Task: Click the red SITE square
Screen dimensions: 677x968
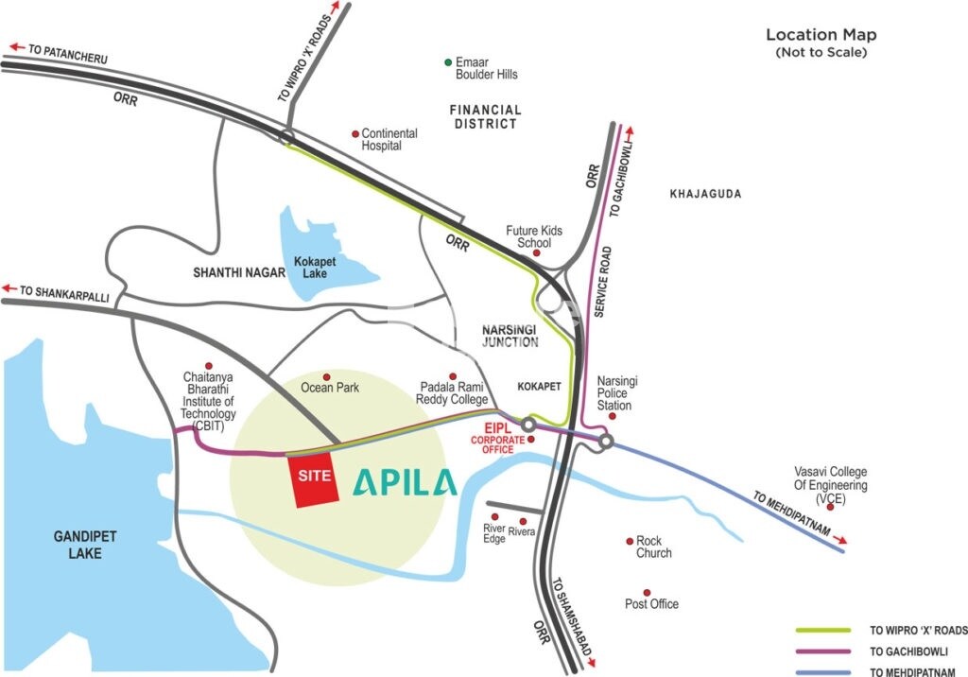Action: pyautogui.click(x=313, y=479)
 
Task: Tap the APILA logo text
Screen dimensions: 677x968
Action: pyautogui.click(x=405, y=481)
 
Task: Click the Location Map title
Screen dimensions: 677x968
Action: pyautogui.click(x=821, y=35)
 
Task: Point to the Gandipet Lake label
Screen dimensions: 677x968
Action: pyautogui.click(x=84, y=545)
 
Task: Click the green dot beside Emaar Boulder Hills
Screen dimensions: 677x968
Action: pyautogui.click(x=449, y=62)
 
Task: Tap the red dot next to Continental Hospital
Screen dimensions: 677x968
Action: pyautogui.click(x=355, y=133)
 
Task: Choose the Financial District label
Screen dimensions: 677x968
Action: pyautogui.click(x=485, y=116)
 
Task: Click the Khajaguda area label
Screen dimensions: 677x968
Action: pyautogui.click(x=705, y=194)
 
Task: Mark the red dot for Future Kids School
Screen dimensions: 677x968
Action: pyautogui.click(x=537, y=253)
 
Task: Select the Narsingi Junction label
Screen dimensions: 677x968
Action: pyautogui.click(x=510, y=334)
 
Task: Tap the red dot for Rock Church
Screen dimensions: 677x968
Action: pyautogui.click(x=630, y=541)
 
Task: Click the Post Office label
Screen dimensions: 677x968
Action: pyautogui.click(x=651, y=604)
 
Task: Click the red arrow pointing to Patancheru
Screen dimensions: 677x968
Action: pyautogui.click(x=17, y=45)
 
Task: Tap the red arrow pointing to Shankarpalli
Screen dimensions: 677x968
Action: pyautogui.click(x=10, y=288)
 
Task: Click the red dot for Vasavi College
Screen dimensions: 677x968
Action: pyautogui.click(x=830, y=508)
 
